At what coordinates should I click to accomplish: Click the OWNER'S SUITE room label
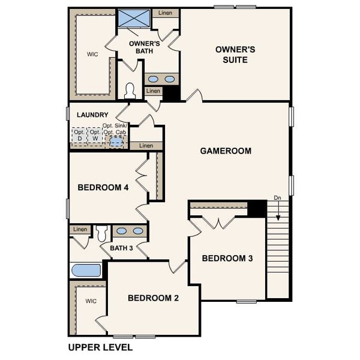pyautogui.click(x=235, y=54)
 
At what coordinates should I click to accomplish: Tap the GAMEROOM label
pyautogui.click(x=226, y=151)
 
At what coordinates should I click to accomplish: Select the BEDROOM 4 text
pyautogui.click(x=103, y=187)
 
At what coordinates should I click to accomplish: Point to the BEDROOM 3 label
pyautogui.click(x=227, y=259)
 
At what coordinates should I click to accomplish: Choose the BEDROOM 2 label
pyautogui.click(x=153, y=298)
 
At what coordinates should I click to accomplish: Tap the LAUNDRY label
pyautogui.click(x=92, y=115)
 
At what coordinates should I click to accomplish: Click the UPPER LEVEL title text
pyautogui.click(x=100, y=347)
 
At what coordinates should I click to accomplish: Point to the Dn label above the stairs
pyautogui.click(x=277, y=197)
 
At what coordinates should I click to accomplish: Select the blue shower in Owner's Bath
pyautogui.click(x=134, y=18)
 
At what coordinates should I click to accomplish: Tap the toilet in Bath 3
pyautogui.click(x=101, y=232)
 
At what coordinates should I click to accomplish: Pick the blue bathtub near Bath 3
pyautogui.click(x=86, y=270)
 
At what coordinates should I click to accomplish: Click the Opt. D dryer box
pyautogui.click(x=79, y=136)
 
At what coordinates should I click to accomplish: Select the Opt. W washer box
pyautogui.click(x=94, y=136)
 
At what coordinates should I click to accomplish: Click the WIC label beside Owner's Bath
pyautogui.click(x=92, y=54)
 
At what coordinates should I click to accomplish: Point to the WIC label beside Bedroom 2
pyautogui.click(x=91, y=301)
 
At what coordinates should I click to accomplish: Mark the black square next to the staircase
pyautogui.click(x=257, y=208)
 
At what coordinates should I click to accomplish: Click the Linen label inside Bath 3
pyautogui.click(x=79, y=229)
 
